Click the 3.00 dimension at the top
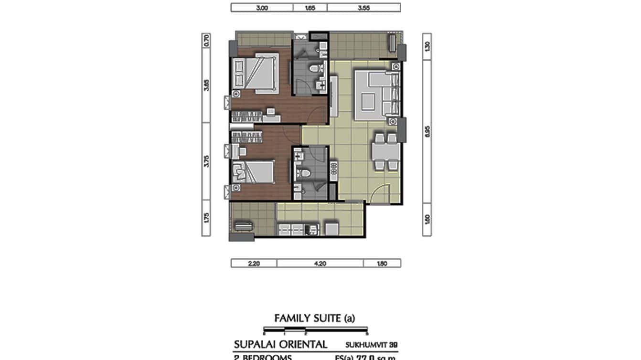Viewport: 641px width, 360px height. click(x=261, y=8)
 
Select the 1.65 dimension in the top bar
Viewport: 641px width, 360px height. click(x=310, y=8)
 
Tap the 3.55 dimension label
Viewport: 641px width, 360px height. click(x=364, y=8)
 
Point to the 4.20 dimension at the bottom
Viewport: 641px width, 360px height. click(x=320, y=263)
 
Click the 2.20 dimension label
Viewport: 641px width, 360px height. click(x=254, y=263)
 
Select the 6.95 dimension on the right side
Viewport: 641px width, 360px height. click(x=427, y=132)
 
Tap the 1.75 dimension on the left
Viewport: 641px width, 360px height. click(x=206, y=218)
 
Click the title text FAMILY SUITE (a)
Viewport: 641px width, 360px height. click(x=315, y=318)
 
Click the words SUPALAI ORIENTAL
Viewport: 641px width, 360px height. click(x=280, y=344)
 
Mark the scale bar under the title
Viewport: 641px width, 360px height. click(x=315, y=329)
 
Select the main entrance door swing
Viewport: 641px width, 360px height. click(x=380, y=193)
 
